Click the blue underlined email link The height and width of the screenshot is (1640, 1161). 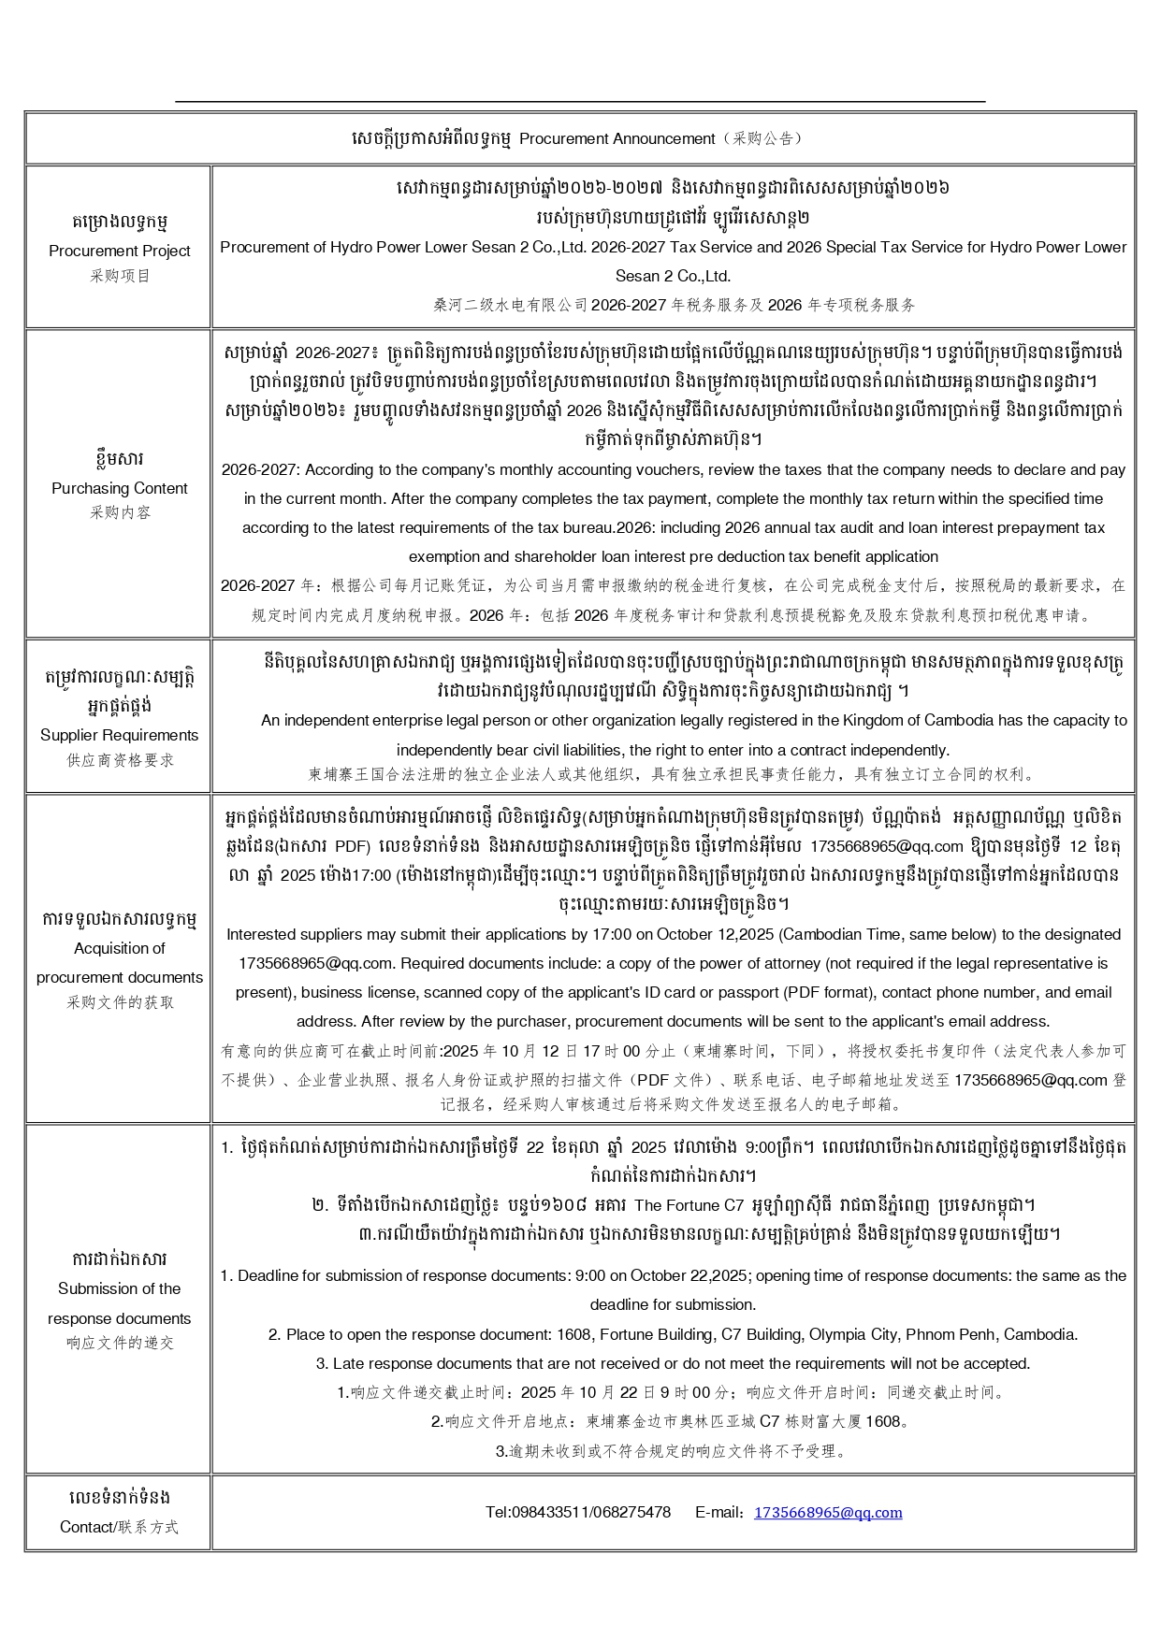828,1513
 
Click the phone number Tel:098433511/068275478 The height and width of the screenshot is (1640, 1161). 577,1513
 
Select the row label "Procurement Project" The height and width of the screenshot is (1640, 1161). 119,251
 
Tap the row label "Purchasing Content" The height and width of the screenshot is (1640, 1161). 119,488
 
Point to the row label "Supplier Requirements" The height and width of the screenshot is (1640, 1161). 119,735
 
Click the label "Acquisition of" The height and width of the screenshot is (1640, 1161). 119,948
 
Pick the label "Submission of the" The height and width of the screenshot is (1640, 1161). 119,1288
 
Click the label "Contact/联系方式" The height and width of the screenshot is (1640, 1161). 119,1527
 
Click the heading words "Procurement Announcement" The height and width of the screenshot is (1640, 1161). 617,139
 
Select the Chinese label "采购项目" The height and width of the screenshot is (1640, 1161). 119,276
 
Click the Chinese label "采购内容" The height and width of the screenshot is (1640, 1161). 119,512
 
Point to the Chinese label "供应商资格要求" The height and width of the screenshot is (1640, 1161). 119,760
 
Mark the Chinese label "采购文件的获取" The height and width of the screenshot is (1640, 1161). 119,1002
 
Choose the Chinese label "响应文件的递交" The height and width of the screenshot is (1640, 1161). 119,1343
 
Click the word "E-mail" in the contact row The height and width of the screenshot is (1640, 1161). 718,1513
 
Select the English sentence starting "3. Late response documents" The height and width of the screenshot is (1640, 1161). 673,1363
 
